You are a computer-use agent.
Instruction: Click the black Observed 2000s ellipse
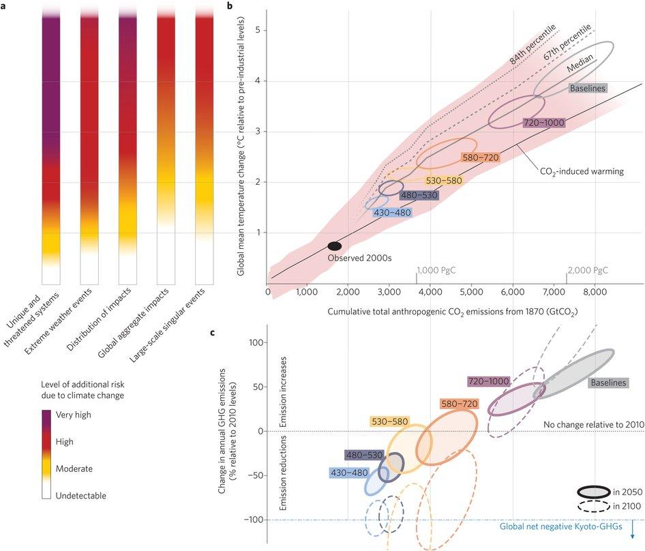pos(335,246)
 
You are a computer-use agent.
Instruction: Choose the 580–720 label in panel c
pos(460,404)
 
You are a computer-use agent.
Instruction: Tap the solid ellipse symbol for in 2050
pos(592,492)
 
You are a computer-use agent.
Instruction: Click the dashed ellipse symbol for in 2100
pos(592,506)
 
